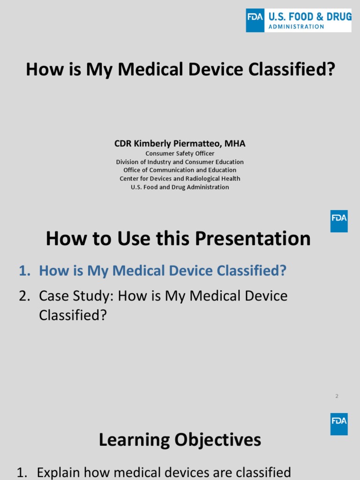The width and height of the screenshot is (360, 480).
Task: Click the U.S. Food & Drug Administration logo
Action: pyautogui.click(x=299, y=21)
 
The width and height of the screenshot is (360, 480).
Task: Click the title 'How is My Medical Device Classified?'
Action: pyautogui.click(x=180, y=69)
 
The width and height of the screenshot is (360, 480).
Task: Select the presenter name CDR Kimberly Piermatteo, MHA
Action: pyautogui.click(x=180, y=143)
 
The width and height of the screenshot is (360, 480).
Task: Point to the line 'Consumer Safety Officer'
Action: pyautogui.click(x=180, y=153)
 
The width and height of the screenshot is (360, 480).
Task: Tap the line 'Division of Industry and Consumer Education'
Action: pyautogui.click(x=180, y=162)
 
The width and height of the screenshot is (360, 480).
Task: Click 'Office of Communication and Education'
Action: pyautogui.click(x=180, y=170)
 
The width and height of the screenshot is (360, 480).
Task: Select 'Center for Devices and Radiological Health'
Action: pyautogui.click(x=180, y=179)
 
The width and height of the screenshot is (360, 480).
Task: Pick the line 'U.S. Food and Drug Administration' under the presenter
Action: pyautogui.click(x=180, y=187)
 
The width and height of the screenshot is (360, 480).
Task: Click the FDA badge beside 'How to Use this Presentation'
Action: pyautogui.click(x=339, y=221)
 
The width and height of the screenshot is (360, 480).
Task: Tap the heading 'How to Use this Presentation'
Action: pyautogui.click(x=178, y=239)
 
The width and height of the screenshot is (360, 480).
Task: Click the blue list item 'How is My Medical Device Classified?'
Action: pyautogui.click(x=162, y=270)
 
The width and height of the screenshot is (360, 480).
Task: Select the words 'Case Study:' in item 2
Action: pyautogui.click(x=76, y=296)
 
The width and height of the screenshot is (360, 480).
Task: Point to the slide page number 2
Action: pyautogui.click(x=337, y=396)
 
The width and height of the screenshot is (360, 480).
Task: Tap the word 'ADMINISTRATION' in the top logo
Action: pyautogui.click(x=296, y=27)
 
